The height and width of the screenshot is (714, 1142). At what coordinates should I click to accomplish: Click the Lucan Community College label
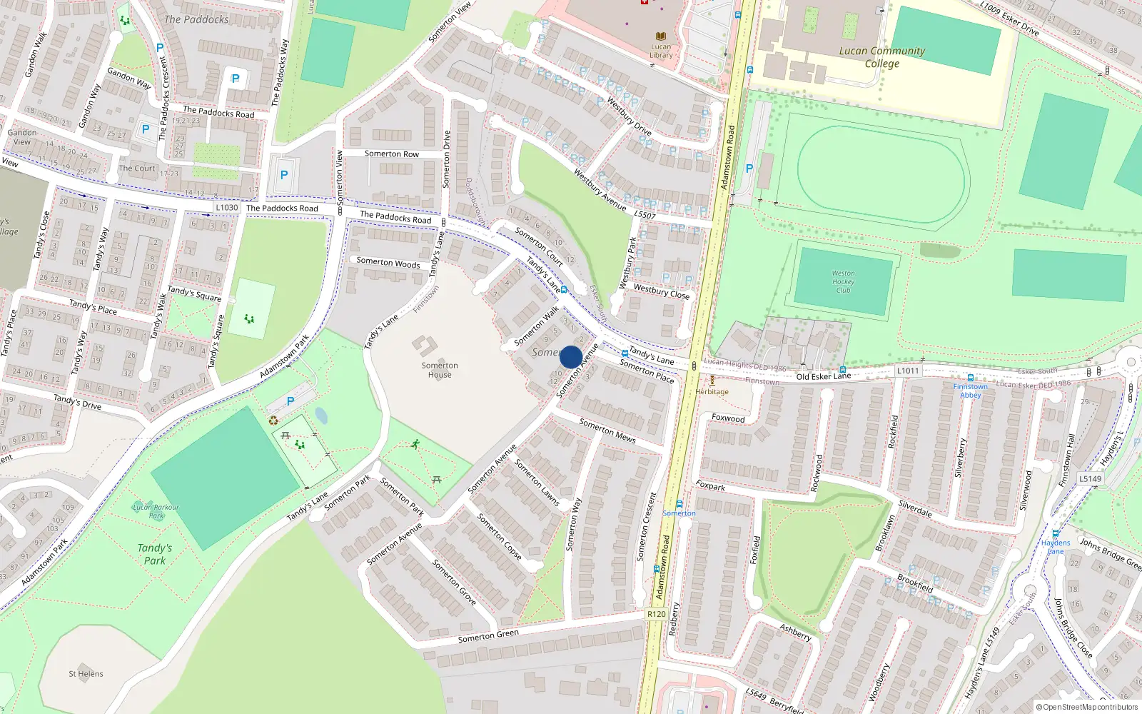coord(881,57)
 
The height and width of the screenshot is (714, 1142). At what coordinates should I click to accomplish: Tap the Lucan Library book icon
coord(661,36)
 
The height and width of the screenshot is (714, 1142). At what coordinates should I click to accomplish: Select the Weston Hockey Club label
coord(843,281)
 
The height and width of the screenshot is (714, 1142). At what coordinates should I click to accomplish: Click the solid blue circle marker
coord(571,356)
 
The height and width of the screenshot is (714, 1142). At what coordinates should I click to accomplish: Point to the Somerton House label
coord(440,370)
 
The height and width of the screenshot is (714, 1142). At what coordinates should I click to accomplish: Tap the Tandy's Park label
coord(155,554)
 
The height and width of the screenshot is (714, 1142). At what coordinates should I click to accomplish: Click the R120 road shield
coord(656,614)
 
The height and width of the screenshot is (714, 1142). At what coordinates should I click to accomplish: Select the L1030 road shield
coord(227,208)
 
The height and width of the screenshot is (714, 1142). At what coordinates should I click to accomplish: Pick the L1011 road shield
coord(908,371)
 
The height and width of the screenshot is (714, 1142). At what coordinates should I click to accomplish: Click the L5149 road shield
coord(1090,479)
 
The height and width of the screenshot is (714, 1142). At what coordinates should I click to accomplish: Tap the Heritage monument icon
coord(712,381)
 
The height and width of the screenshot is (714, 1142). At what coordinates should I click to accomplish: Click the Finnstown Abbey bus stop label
coord(971,391)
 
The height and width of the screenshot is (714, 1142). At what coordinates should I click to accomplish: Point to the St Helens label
coord(86,674)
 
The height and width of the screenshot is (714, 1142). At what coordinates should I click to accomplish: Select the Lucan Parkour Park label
coord(156,511)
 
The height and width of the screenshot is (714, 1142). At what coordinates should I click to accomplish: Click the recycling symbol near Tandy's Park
coord(273,421)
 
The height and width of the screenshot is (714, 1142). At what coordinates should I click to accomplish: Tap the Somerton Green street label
coord(488,636)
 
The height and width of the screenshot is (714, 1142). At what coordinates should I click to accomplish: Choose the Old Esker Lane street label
coord(824,376)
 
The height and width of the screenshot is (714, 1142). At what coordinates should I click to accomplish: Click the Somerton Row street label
coord(392,154)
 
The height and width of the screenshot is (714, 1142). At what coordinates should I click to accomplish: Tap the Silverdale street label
coord(915,508)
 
